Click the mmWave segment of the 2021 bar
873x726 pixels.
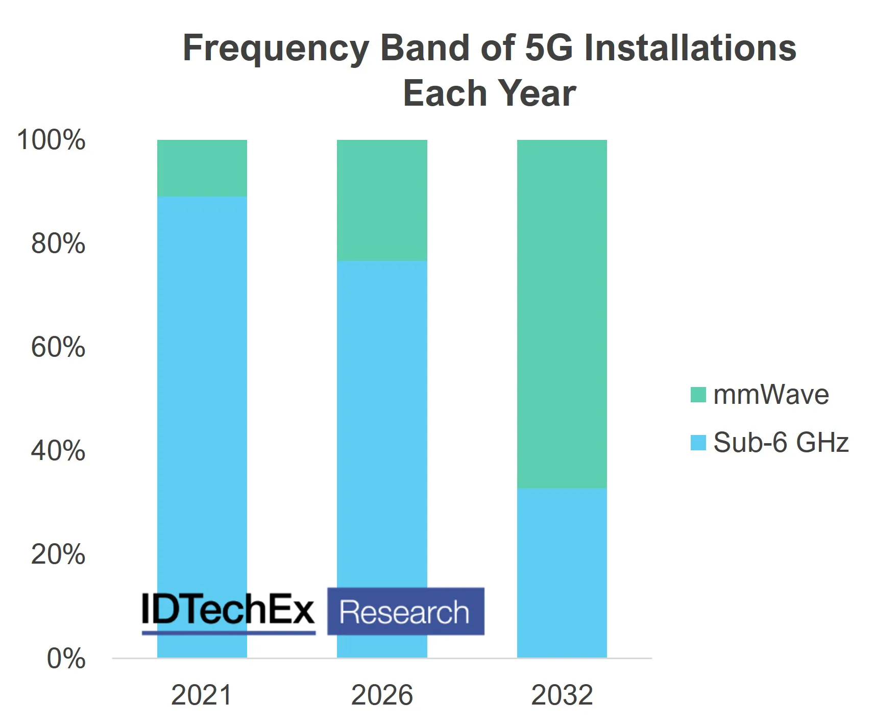[202, 168]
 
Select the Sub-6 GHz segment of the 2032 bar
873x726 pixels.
[562, 572]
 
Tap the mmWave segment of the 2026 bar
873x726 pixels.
[382, 200]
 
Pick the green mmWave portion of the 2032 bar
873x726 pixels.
[562, 313]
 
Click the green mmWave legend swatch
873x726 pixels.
[698, 395]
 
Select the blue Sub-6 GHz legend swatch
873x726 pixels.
[698, 443]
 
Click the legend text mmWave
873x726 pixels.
[770, 395]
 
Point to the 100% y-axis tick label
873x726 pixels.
[51, 140]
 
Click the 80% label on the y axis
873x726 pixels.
[58, 244]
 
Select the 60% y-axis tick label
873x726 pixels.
[58, 347]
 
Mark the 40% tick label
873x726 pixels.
[58, 451]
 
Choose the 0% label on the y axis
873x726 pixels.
[66, 659]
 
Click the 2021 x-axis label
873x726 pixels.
[202, 695]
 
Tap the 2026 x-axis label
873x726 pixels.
[382, 695]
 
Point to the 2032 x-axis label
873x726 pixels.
[562, 695]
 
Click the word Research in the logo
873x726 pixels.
[405, 612]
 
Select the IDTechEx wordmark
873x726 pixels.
[228, 609]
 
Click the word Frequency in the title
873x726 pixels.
[276, 49]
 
